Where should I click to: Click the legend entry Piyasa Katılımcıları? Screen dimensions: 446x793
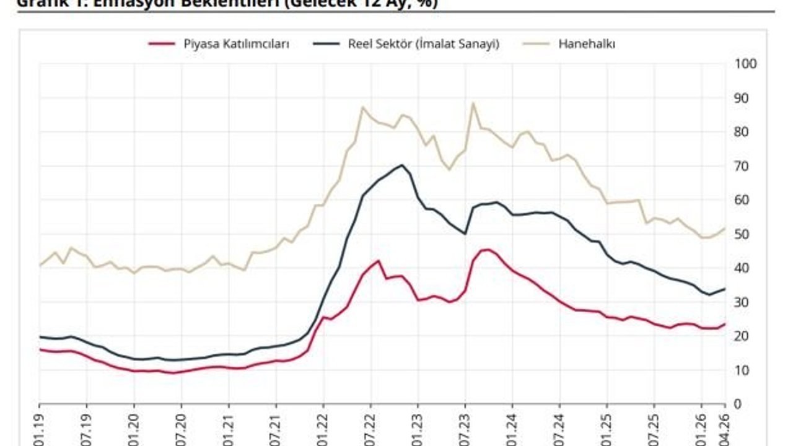point(236,44)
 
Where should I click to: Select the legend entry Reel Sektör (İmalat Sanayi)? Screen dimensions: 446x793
point(424,44)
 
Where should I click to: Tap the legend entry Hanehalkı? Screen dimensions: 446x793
point(586,44)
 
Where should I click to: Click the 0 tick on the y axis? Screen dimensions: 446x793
point(738,404)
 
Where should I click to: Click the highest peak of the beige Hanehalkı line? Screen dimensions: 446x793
point(473,103)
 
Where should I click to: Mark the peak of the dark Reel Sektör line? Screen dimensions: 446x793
point(402,165)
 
